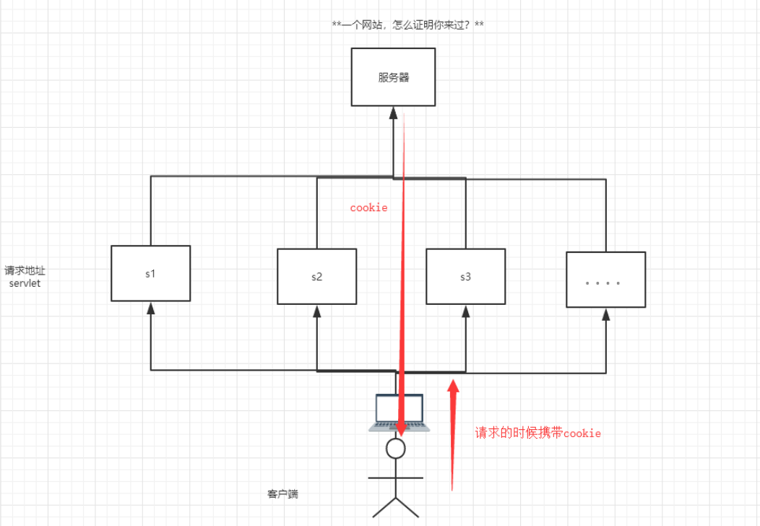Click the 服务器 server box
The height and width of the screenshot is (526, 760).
tap(393, 77)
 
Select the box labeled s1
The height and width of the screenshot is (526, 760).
tap(150, 273)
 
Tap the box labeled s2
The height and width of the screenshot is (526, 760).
tap(316, 276)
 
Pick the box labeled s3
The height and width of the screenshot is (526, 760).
tap(465, 276)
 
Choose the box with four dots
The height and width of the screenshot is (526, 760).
tap(605, 280)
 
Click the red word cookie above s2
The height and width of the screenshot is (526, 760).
tap(368, 208)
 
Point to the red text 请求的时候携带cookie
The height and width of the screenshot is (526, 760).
tap(537, 434)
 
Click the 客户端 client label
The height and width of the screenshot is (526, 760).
tap(282, 494)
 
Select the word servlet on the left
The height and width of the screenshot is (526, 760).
tap(25, 283)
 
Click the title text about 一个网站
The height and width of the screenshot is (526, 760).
tap(407, 25)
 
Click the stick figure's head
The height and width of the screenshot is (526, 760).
tap(395, 449)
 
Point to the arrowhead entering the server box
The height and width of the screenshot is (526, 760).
tap(393, 112)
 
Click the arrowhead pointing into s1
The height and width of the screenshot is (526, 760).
tap(150, 308)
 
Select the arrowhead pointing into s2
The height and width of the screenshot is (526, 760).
tap(316, 311)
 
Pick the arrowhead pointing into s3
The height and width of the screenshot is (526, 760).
tap(465, 311)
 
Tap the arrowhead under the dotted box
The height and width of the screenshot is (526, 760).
tap(605, 314)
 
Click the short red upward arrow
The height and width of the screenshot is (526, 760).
tap(453, 434)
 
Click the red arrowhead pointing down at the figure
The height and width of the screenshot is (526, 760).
tap(402, 428)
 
